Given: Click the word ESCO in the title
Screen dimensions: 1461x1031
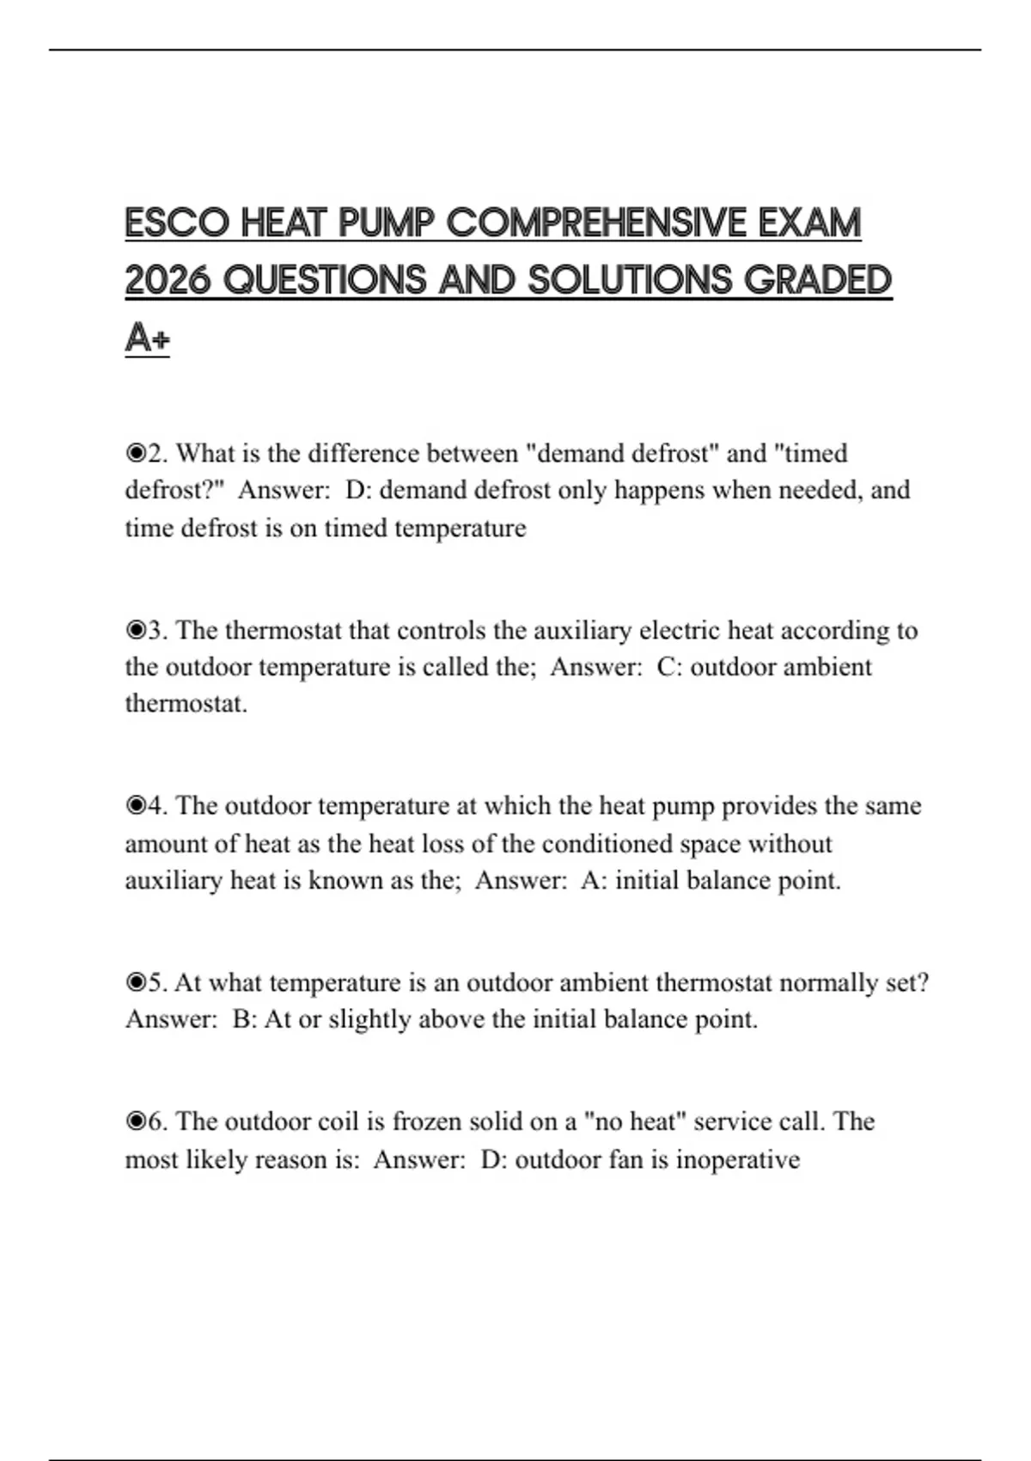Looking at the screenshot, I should pyautogui.click(x=178, y=223).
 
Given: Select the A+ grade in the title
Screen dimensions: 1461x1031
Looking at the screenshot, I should pyautogui.click(x=147, y=337).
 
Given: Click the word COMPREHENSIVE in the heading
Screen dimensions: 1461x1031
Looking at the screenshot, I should pyautogui.click(x=596, y=223).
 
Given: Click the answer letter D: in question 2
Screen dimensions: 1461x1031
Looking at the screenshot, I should pyautogui.click(x=357, y=490).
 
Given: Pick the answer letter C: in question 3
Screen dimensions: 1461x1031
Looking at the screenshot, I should pyautogui.click(x=669, y=667).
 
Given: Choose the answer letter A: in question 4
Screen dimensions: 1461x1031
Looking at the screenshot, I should pyautogui.click(x=593, y=880).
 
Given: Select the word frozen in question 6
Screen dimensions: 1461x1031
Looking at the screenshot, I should pyautogui.click(x=426, y=1122).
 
